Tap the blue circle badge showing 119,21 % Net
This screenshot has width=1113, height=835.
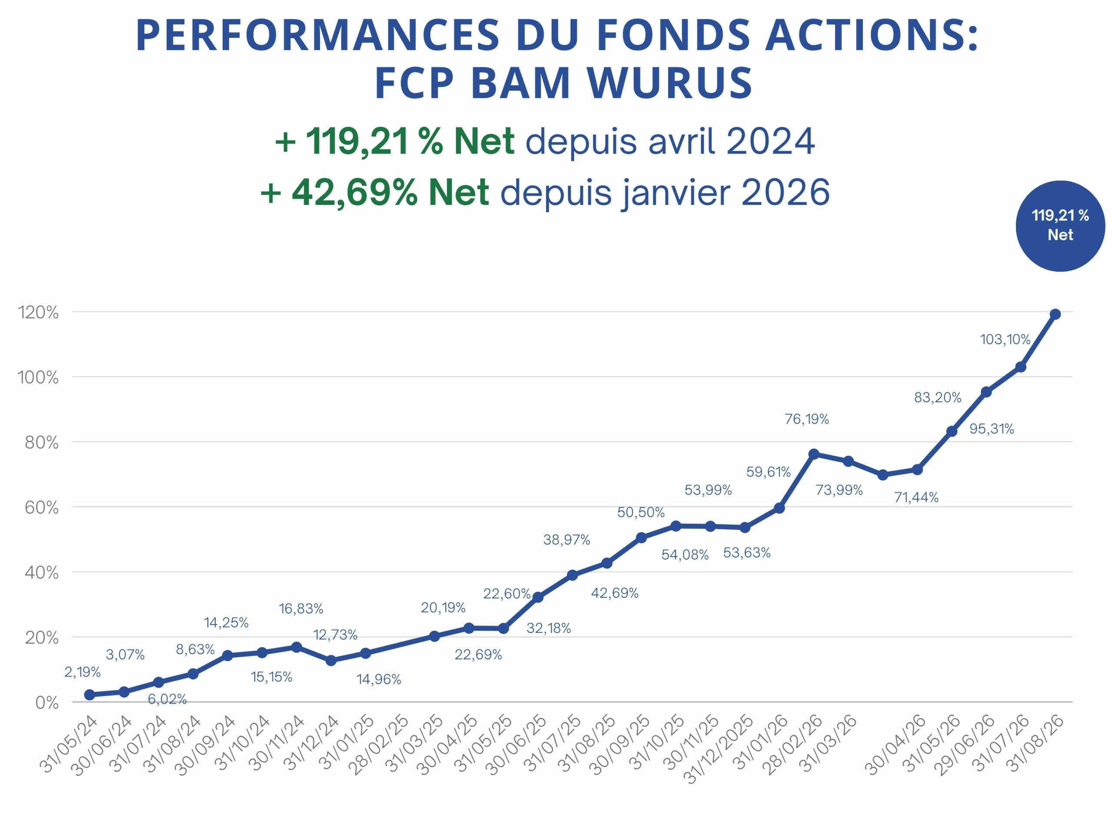click(1060, 226)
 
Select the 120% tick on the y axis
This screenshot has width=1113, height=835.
click(38, 313)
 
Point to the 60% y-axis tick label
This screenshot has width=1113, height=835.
click(42, 508)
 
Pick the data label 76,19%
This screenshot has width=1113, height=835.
click(807, 419)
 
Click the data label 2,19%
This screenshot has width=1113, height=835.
click(83, 672)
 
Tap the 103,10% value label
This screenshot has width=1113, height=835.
click(1005, 340)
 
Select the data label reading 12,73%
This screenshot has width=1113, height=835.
click(335, 635)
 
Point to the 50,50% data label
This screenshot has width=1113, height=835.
click(641, 512)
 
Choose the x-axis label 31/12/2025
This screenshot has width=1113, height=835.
click(720, 750)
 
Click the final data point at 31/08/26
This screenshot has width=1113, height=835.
click(1056, 314)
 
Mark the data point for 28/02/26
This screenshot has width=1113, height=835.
click(813, 454)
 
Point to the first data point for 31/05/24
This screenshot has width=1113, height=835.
click(90, 695)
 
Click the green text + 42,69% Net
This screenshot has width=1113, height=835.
click(375, 193)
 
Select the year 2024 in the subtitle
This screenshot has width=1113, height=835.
click(770, 141)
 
